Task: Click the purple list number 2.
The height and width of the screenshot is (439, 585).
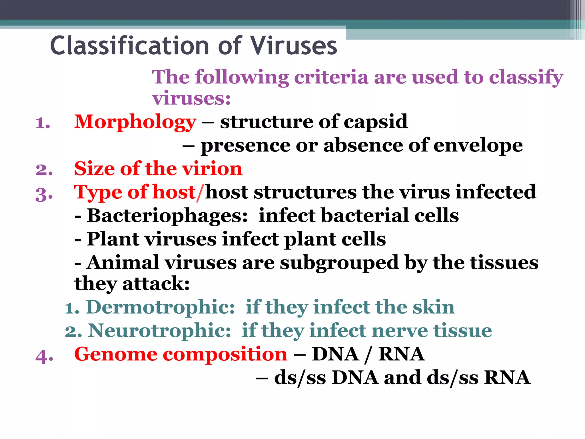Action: tap(44, 169)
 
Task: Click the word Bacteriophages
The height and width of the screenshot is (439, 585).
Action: tap(167, 216)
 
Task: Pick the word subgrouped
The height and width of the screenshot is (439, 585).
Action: tap(339, 263)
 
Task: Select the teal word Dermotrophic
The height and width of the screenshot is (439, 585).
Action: tap(160, 307)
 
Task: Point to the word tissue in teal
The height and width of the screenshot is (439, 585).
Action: tap(463, 331)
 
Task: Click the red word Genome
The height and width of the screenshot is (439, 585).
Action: tap(116, 354)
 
